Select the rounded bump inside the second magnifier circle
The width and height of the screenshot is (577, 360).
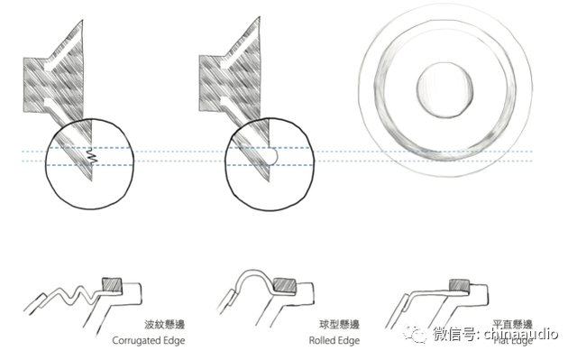click(272, 155)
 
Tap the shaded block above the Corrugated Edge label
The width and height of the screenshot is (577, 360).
click(114, 284)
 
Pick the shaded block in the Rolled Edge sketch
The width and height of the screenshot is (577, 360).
click(284, 285)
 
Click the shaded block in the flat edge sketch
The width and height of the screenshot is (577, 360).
click(457, 286)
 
